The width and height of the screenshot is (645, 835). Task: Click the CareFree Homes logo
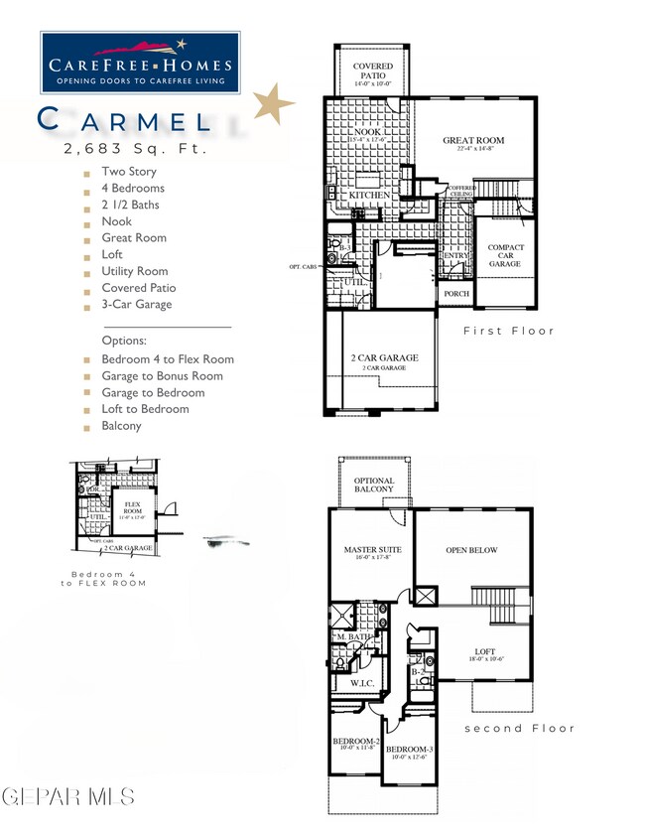[139, 61]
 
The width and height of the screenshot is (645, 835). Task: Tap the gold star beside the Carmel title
[272, 103]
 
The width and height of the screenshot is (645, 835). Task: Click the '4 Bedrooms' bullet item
[132, 188]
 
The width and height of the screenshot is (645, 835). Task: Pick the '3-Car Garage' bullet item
[136, 304]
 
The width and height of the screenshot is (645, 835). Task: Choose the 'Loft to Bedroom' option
[144, 409]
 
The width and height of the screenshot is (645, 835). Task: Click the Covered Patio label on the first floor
[373, 71]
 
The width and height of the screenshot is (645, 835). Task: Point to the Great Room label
[474, 141]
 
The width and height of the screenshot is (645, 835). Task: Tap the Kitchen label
[368, 196]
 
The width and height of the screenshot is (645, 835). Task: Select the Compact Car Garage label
[505, 255]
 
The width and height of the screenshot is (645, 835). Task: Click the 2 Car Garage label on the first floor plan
[384, 358]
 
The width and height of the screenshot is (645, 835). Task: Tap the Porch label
[455, 294]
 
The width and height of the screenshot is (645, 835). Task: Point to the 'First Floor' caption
[509, 331]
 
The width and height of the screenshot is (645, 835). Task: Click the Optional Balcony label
[373, 485]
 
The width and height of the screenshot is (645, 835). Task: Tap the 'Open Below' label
[471, 550]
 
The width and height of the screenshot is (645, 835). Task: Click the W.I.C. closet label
[361, 683]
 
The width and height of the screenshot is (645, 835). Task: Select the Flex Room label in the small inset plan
[132, 507]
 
